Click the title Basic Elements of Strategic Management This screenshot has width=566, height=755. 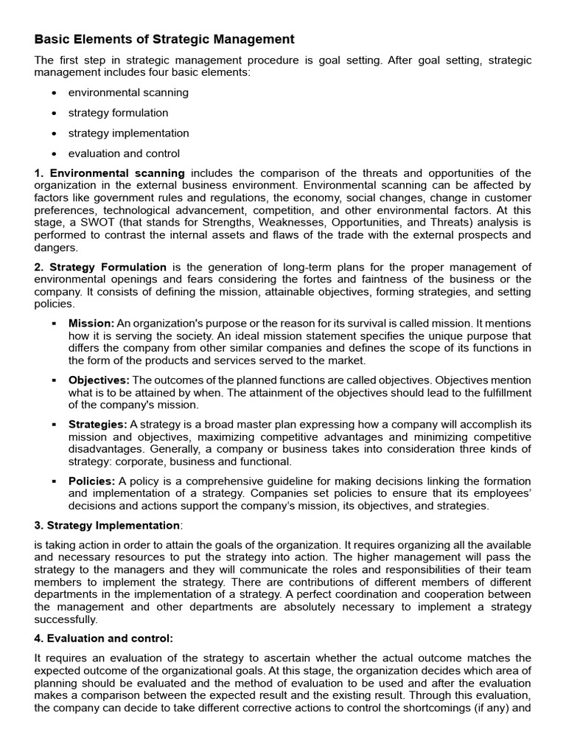coord(164,39)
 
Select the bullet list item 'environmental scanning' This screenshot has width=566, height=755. coord(128,92)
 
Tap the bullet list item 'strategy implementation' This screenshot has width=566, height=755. coord(128,133)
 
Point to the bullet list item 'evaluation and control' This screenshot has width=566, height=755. coord(124,154)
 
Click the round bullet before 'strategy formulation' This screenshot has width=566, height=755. coord(55,114)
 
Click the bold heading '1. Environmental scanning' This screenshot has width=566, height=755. coord(110,173)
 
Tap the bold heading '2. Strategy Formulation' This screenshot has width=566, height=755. coord(100,267)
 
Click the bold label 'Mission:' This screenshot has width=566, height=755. coord(91,323)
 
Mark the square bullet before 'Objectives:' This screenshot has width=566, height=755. coord(55,380)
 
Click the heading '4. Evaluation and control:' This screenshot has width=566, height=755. coord(104,638)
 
